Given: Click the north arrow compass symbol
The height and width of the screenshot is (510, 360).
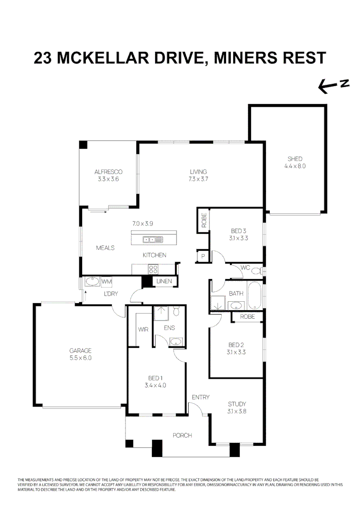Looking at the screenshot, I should (x=333, y=85).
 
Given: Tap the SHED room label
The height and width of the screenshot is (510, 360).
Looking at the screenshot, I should (x=295, y=159).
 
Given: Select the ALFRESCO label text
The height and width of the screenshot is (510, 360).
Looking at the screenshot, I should (x=109, y=172).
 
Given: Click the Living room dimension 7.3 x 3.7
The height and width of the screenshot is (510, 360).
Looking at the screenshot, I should (x=199, y=179).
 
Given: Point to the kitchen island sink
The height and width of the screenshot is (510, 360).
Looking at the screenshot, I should (x=153, y=240).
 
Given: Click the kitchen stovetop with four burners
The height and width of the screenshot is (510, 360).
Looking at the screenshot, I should (x=154, y=269).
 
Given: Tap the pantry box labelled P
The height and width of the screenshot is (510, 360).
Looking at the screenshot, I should (x=203, y=256).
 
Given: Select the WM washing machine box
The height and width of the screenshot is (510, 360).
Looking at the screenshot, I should (x=107, y=282).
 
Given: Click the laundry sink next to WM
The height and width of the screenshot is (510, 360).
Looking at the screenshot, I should (x=92, y=282).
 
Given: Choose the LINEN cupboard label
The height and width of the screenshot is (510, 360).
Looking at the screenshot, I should (x=165, y=282).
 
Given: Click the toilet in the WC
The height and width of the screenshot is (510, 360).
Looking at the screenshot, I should (x=257, y=271).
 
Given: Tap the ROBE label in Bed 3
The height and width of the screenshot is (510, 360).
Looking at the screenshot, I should (x=204, y=221).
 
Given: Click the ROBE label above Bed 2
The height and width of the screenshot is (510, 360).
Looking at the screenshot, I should (x=247, y=317).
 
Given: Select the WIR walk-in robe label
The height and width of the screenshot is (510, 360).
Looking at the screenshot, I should (x=143, y=329).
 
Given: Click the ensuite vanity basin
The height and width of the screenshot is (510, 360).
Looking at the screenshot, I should (x=176, y=341).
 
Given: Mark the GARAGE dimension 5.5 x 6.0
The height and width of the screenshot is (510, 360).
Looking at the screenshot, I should (x=80, y=358).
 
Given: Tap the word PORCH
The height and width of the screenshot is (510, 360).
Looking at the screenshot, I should (x=182, y=435).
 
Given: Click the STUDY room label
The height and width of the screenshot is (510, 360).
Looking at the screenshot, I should (x=237, y=404).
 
